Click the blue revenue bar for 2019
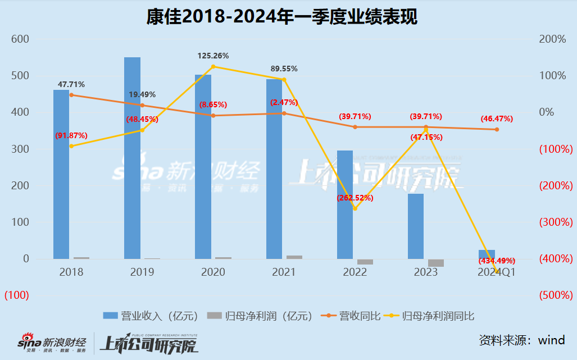coord(132,158)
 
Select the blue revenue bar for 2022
coord(345,204)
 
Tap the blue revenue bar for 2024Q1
coord(487,254)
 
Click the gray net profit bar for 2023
coord(436,263)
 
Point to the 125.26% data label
coord(213,56)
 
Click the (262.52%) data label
coord(355,198)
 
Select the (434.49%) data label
coord(497,261)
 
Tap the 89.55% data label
coord(284,69)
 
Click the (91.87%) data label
coord(71,135)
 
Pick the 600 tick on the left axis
coord(21,39)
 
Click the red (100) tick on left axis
coord(17,295)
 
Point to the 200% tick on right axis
coord(553,39)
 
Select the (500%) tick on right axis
coord(556,295)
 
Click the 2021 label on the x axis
coord(284,272)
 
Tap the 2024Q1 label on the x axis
coord(496,272)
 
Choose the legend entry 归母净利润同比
coord(438,316)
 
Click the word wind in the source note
coord(552,340)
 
